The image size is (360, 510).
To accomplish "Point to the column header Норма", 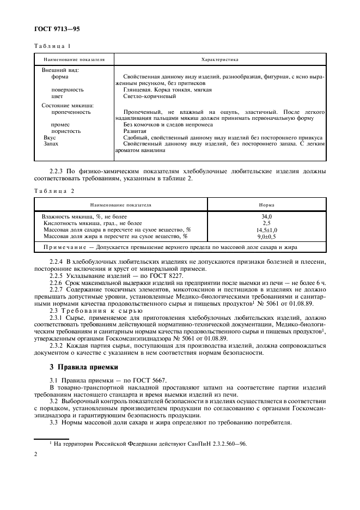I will (x=266, y=205).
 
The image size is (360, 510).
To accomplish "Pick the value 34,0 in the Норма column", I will (x=266, y=217).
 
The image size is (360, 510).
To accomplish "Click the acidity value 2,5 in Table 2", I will (x=266, y=223).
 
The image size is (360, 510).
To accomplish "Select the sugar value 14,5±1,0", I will (x=266, y=230).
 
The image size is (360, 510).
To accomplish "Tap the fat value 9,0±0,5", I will (x=266, y=236).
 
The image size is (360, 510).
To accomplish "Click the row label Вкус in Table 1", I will (x=50, y=138).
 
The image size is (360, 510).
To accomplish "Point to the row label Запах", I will (x=51, y=144).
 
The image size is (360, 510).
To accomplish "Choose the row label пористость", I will (x=66, y=131).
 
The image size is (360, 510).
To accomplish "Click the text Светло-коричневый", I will (x=149, y=96).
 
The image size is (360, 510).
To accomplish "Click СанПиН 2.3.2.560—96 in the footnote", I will (x=217, y=444).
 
